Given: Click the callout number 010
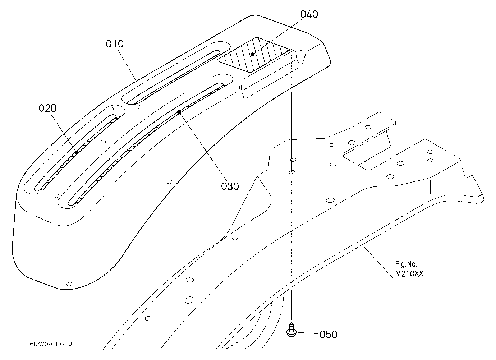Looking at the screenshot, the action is [115, 44].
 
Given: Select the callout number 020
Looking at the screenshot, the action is [47, 108].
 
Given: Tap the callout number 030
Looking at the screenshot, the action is [230, 186].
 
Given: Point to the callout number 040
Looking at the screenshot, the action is [309, 14].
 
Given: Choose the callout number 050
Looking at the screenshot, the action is [329, 334].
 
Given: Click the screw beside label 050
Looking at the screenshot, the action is [291, 329].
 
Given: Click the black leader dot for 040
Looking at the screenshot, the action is [253, 54].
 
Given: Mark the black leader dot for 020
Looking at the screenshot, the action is [77, 153].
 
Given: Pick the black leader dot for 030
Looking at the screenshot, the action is [179, 112].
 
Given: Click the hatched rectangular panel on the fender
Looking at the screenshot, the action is [253, 55].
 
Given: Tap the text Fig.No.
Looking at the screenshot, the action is [406, 264].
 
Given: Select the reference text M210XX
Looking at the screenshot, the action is [409, 274].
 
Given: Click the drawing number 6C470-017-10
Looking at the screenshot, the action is [51, 344].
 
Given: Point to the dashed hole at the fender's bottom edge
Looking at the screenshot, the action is [69, 284].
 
